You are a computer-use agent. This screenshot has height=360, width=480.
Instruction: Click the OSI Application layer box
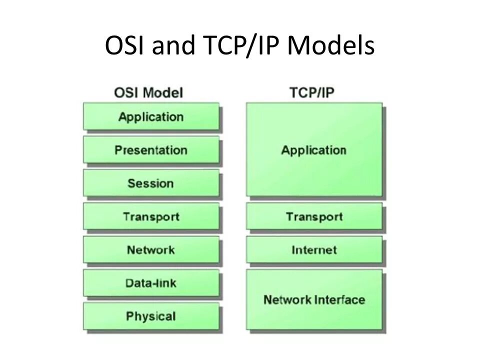[x=151, y=117]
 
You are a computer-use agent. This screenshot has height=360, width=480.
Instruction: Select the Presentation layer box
[x=151, y=150]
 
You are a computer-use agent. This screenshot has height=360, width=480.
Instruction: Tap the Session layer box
[x=151, y=183]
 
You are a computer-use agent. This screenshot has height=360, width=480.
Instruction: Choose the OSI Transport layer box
[x=151, y=216]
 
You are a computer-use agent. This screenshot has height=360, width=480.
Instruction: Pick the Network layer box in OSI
[x=151, y=249]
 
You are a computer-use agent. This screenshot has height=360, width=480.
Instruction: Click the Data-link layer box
[x=151, y=283]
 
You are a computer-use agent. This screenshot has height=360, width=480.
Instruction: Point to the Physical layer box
[x=151, y=316]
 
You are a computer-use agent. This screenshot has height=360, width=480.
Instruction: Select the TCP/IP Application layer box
[x=314, y=149]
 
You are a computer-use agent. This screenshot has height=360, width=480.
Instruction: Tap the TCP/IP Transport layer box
[x=314, y=216]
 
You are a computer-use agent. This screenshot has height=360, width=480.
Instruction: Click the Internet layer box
[x=314, y=249]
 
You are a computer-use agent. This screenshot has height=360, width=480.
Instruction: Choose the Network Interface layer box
[x=314, y=299]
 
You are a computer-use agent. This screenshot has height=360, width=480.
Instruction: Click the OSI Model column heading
[x=148, y=92]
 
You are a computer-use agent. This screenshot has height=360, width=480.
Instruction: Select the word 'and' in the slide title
[x=170, y=46]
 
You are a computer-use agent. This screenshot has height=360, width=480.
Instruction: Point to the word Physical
[x=151, y=316]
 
